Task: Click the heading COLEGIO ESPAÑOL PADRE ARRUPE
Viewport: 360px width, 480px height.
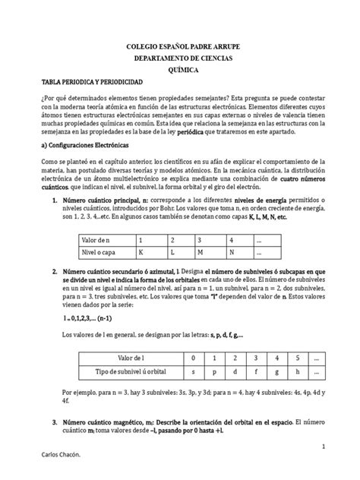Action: (x=179, y=47)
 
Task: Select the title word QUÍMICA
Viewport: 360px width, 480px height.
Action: (x=179, y=67)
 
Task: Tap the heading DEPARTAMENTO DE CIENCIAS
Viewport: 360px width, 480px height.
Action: (x=179, y=57)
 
